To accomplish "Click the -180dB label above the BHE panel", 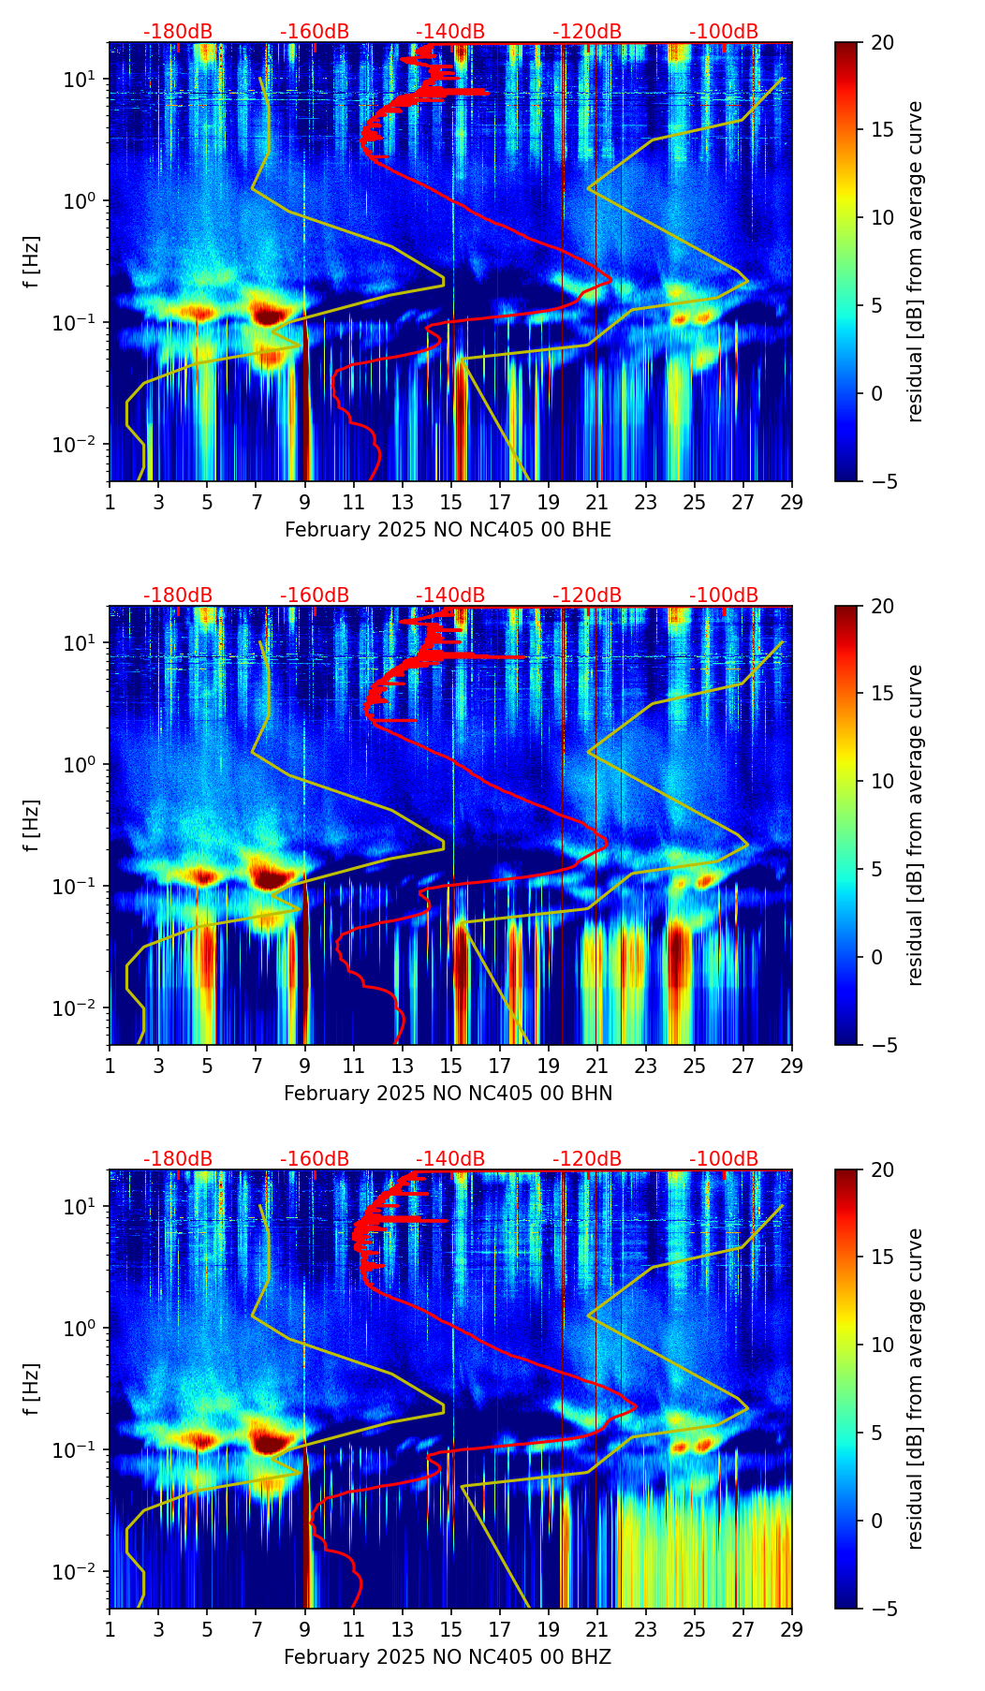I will pyautogui.click(x=178, y=32).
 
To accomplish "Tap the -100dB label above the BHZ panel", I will pyautogui.click(x=724, y=1159).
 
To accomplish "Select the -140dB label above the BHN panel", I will pyautogui.click(x=450, y=596).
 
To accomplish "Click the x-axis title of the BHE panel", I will pyautogui.click(x=448, y=530).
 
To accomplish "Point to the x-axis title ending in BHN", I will pyautogui.click(x=448, y=1094).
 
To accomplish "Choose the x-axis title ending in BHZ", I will pyautogui.click(x=448, y=1657).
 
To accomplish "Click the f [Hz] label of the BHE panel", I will pyautogui.click(x=33, y=262).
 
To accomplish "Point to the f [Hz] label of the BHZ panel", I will pyautogui.click(x=33, y=1390).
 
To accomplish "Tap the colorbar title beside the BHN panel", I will pyautogui.click(x=915, y=825).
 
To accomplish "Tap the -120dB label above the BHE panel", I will pyautogui.click(x=587, y=32).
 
